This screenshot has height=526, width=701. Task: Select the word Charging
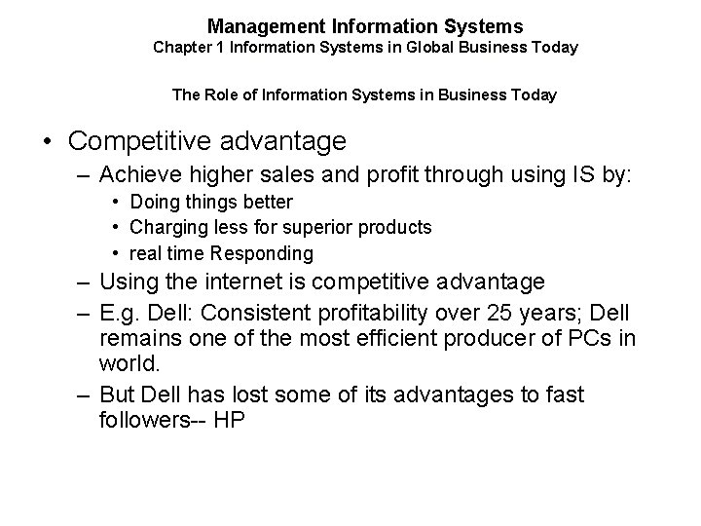pos(163,228)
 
